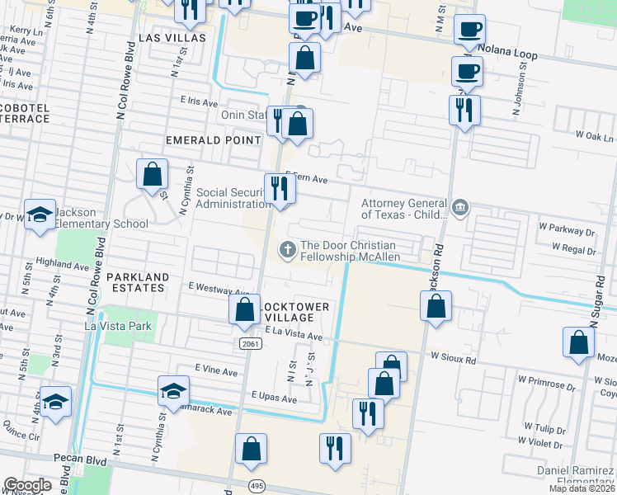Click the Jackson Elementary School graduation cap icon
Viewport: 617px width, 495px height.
[x=39, y=215]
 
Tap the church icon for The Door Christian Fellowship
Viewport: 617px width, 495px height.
[x=287, y=247]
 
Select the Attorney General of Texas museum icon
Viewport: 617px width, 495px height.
[x=460, y=206]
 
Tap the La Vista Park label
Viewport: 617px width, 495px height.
[x=119, y=326]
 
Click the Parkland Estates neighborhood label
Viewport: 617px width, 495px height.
[x=137, y=282]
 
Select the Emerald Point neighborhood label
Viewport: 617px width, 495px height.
[x=214, y=140]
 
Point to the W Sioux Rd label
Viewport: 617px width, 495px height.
[x=454, y=361]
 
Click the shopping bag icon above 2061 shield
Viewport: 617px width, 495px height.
[x=244, y=310]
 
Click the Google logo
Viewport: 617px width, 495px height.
[x=27, y=485]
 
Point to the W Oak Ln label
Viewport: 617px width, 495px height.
[x=595, y=136]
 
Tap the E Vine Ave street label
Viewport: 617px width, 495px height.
[x=216, y=372]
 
